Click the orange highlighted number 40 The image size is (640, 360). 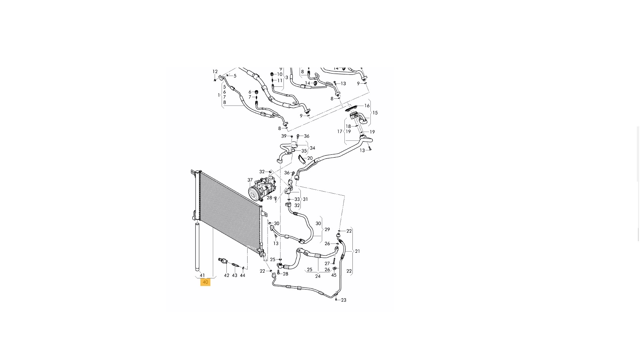[x=205, y=282]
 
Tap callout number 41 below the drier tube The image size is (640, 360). [x=202, y=276]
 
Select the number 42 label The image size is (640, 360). [x=226, y=276]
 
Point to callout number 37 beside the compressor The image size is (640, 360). [x=250, y=180]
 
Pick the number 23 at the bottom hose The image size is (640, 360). [x=344, y=300]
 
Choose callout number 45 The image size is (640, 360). [x=334, y=275]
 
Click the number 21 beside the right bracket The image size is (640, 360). [x=358, y=251]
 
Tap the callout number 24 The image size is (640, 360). [x=318, y=276]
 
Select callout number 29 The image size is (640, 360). [x=327, y=230]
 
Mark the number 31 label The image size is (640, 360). [x=306, y=199]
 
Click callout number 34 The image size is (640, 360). [x=312, y=148]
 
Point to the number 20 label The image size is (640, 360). [x=310, y=158]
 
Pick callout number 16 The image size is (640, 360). [x=367, y=106]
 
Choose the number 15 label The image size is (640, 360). [x=375, y=113]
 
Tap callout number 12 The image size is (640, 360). [x=215, y=72]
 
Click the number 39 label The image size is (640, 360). [x=284, y=136]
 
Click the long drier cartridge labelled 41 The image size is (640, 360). [x=197, y=247]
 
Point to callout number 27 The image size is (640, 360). [x=327, y=264]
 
